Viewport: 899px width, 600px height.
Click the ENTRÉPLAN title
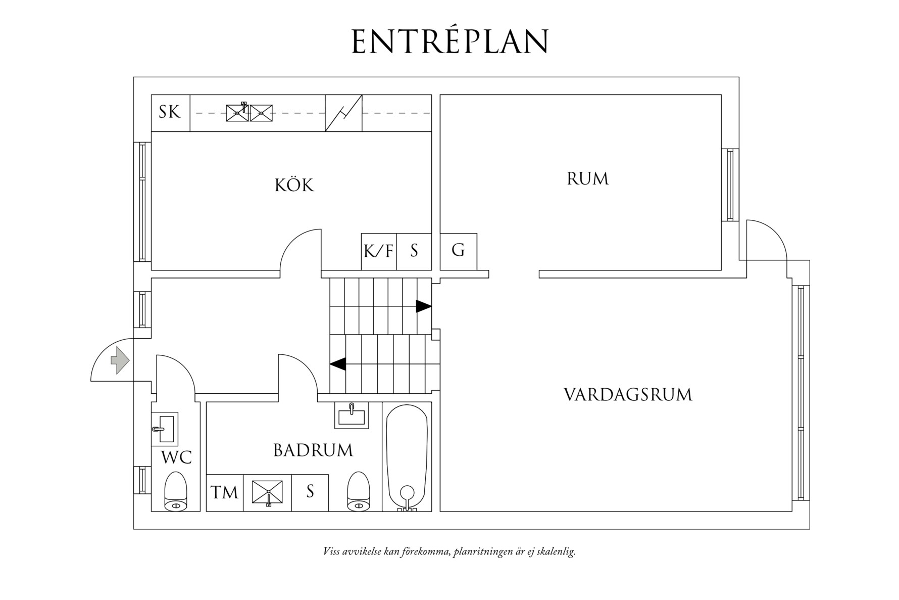450,41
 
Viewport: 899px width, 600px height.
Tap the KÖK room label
294,185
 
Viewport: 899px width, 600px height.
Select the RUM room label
587,179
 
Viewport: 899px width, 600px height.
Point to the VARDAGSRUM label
628,395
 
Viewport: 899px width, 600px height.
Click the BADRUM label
313,450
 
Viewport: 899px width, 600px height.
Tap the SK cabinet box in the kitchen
170,112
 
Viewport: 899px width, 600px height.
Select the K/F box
379,251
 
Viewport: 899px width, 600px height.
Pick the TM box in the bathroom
224,492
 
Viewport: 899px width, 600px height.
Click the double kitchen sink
249,113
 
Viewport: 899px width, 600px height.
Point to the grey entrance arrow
120,360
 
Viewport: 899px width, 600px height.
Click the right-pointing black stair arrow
423,306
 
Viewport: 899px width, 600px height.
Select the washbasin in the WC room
165,429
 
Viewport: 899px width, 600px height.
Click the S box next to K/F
414,251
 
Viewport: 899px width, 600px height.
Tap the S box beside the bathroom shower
310,492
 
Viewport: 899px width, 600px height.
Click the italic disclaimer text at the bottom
449,551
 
